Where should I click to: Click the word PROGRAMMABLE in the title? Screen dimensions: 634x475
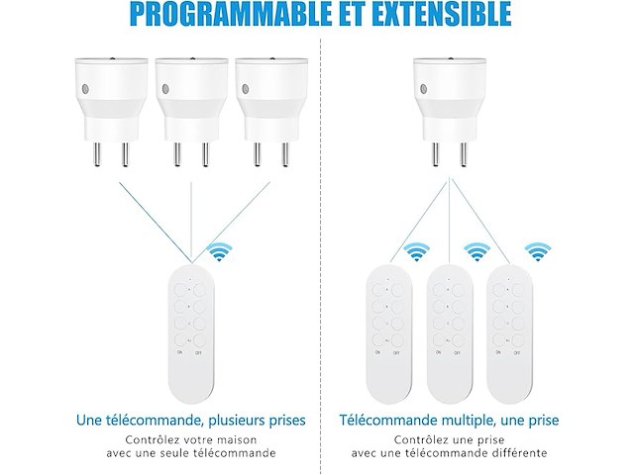tap(229, 14)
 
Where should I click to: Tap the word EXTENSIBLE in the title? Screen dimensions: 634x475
tap(441, 14)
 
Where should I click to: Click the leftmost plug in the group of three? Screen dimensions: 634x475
tap(111, 112)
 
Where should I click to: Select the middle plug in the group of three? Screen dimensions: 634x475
tap(191, 112)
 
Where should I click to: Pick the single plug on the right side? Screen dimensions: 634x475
tap(449, 112)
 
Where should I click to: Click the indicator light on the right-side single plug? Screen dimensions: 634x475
tap(424, 89)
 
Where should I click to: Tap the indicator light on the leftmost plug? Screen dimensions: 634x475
tap(85, 89)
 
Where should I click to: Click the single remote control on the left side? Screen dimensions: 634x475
tap(191, 333)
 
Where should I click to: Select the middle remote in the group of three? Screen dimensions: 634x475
tap(450, 333)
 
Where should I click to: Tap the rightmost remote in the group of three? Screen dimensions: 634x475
tap(509, 333)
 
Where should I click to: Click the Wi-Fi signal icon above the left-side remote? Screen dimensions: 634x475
tap(220, 251)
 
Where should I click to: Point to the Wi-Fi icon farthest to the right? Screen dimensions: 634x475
tap(538, 251)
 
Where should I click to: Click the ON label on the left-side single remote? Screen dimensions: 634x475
tap(179, 352)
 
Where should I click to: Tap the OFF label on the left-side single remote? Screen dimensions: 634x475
tap(198, 353)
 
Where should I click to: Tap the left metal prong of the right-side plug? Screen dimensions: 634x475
tap(435, 154)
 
